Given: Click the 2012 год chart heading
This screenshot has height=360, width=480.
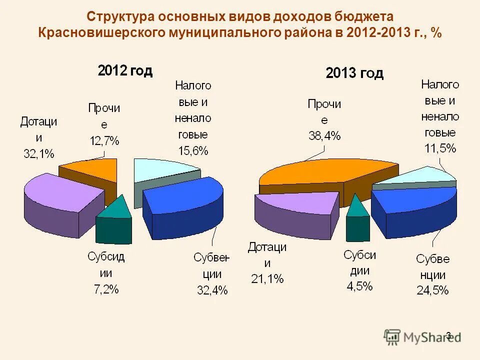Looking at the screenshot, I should click(125, 70).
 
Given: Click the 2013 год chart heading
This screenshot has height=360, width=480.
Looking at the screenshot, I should click(354, 73).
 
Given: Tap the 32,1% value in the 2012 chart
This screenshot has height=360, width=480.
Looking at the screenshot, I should click(39, 153).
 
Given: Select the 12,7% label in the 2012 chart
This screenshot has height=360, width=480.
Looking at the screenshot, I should click(104, 140).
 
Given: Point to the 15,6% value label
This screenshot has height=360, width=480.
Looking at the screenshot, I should click(192, 150).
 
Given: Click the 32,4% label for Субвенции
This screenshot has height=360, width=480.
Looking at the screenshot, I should click(212, 289).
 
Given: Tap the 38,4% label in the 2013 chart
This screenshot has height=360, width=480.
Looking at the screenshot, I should click(324, 135).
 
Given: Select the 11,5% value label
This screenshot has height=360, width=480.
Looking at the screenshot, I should click(440, 148).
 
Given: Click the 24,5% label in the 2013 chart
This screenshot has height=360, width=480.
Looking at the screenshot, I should click(432, 290).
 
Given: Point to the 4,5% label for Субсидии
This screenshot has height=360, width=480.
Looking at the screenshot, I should click(359, 286).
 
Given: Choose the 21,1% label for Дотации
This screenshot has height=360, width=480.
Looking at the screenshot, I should click(267, 278).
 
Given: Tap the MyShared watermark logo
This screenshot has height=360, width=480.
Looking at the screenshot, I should click(422, 337).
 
